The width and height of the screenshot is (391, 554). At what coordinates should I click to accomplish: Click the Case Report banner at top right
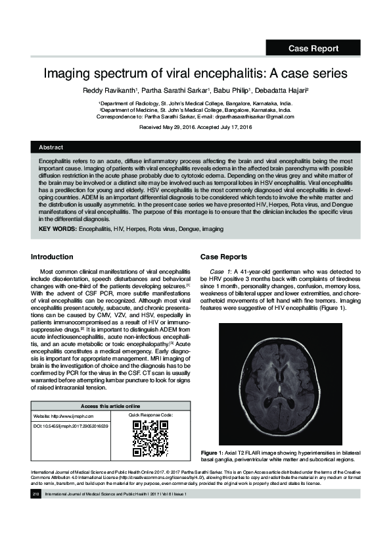(x=313, y=48)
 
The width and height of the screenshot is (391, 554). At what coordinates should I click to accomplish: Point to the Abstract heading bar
(x=195, y=147)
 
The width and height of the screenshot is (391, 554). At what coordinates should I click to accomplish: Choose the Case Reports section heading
(x=223, y=257)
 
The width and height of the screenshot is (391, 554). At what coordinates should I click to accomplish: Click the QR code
(x=150, y=438)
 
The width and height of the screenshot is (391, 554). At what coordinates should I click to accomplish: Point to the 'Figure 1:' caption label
(x=214, y=453)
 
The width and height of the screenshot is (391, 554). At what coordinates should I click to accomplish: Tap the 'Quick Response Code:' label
(x=150, y=416)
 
